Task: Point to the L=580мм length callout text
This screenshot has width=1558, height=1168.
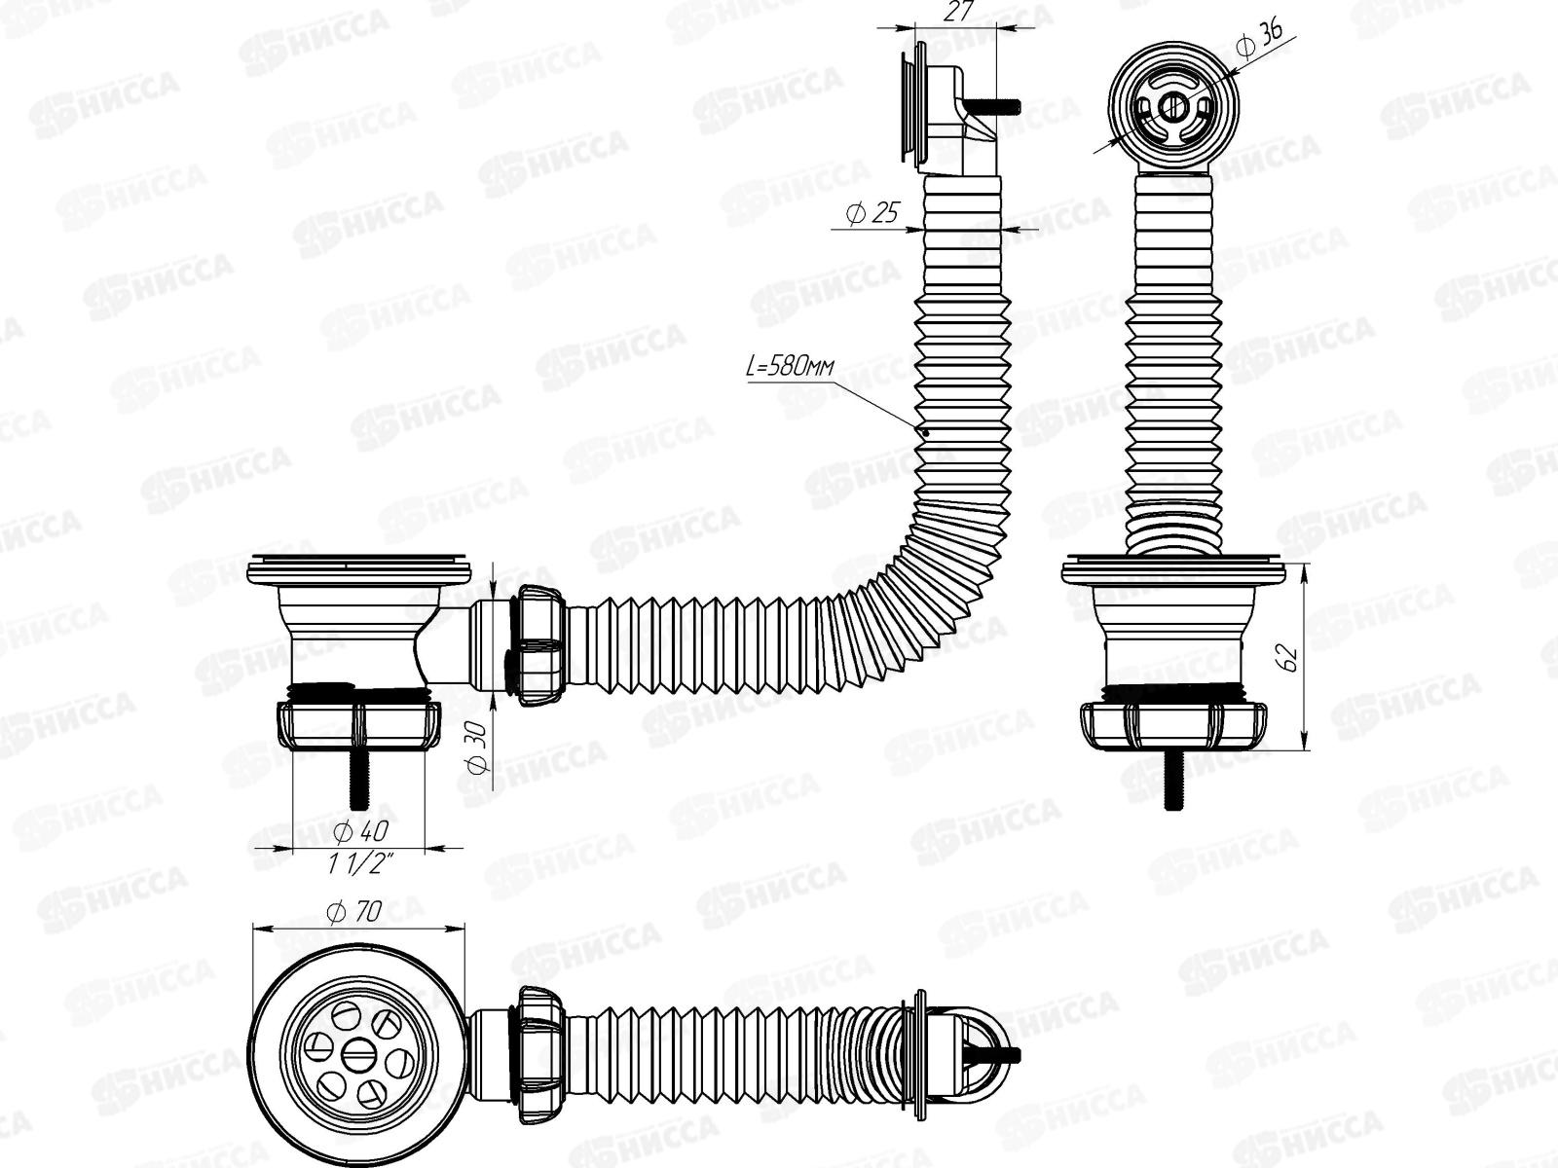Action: tap(790, 368)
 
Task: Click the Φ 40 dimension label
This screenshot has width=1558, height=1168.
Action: tap(360, 831)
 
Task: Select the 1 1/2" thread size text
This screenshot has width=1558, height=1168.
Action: tap(362, 861)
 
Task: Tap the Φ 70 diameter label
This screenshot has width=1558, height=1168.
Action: tap(355, 913)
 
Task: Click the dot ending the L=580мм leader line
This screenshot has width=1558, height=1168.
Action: tap(925, 432)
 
